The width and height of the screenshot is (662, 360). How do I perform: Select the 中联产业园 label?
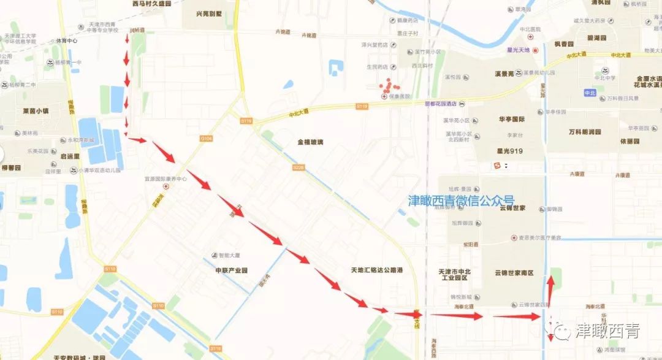231,270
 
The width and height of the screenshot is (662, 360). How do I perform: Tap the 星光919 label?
508,150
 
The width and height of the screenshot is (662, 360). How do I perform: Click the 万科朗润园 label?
584,132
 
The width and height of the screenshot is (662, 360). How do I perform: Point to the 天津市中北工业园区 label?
454,274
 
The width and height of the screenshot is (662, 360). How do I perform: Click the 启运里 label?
69,156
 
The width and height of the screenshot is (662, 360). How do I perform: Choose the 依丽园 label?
629,140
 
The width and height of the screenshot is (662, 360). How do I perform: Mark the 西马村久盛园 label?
151,4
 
